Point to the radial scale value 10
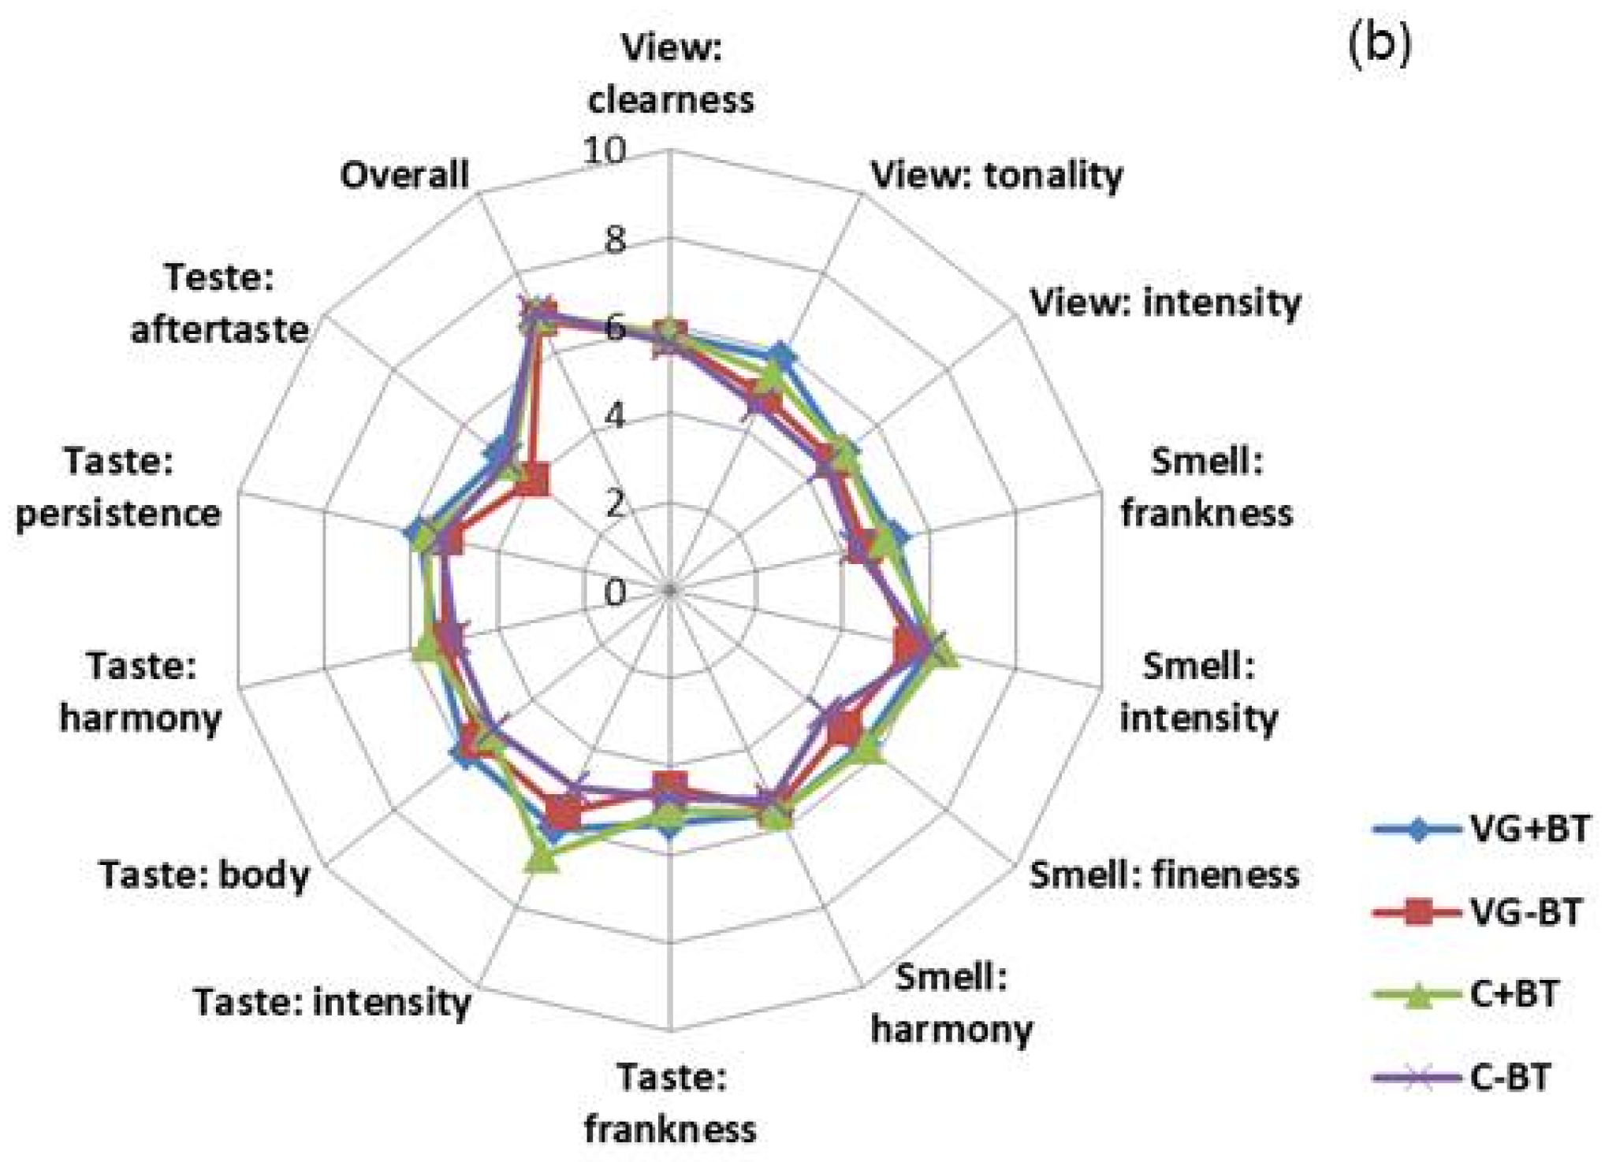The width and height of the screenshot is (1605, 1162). [x=605, y=151]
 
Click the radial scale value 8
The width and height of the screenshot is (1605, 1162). [x=616, y=239]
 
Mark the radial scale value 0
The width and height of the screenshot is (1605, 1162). [x=616, y=592]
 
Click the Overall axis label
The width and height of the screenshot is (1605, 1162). [x=404, y=174]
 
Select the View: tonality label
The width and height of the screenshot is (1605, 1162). [x=996, y=175]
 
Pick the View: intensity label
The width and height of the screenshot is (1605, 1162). [x=1166, y=302]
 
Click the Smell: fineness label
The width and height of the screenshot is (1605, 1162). [x=1164, y=874]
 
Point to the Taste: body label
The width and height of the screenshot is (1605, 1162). [x=204, y=874]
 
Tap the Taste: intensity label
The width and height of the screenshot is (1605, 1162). [x=332, y=1002]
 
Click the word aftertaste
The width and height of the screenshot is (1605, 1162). [x=219, y=329]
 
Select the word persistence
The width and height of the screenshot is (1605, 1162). [x=118, y=513]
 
